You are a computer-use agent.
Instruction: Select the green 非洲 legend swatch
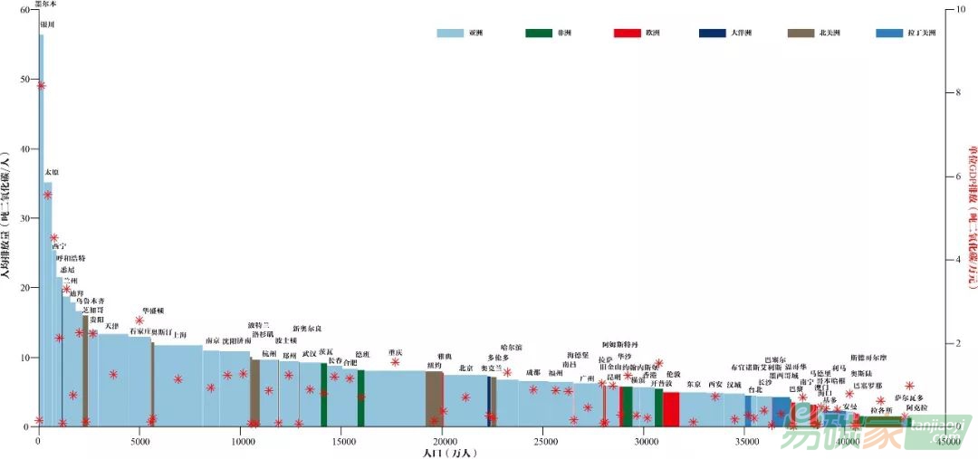[x=538, y=33]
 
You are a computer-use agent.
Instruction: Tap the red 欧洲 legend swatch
[x=627, y=33]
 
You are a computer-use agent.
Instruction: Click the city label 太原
[x=52, y=171]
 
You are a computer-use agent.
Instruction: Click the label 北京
[x=465, y=368]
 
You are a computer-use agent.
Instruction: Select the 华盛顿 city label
[x=153, y=311]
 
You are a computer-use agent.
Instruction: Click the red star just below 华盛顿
[x=139, y=320]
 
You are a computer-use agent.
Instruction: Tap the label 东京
[x=694, y=384]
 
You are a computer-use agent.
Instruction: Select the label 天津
[x=111, y=326]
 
